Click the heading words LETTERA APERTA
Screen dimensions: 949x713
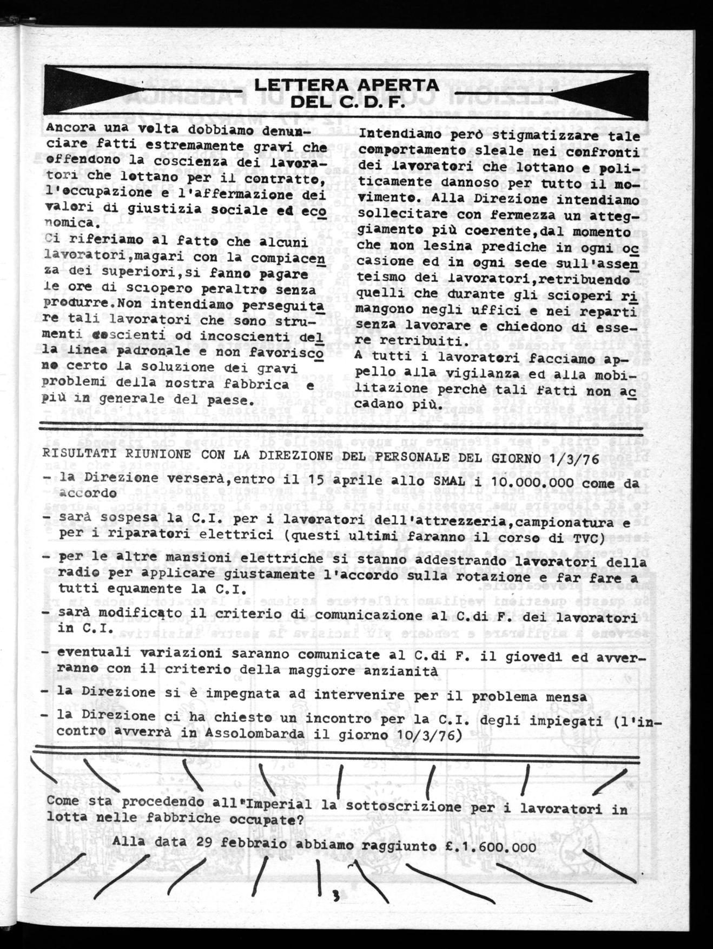tap(347, 85)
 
